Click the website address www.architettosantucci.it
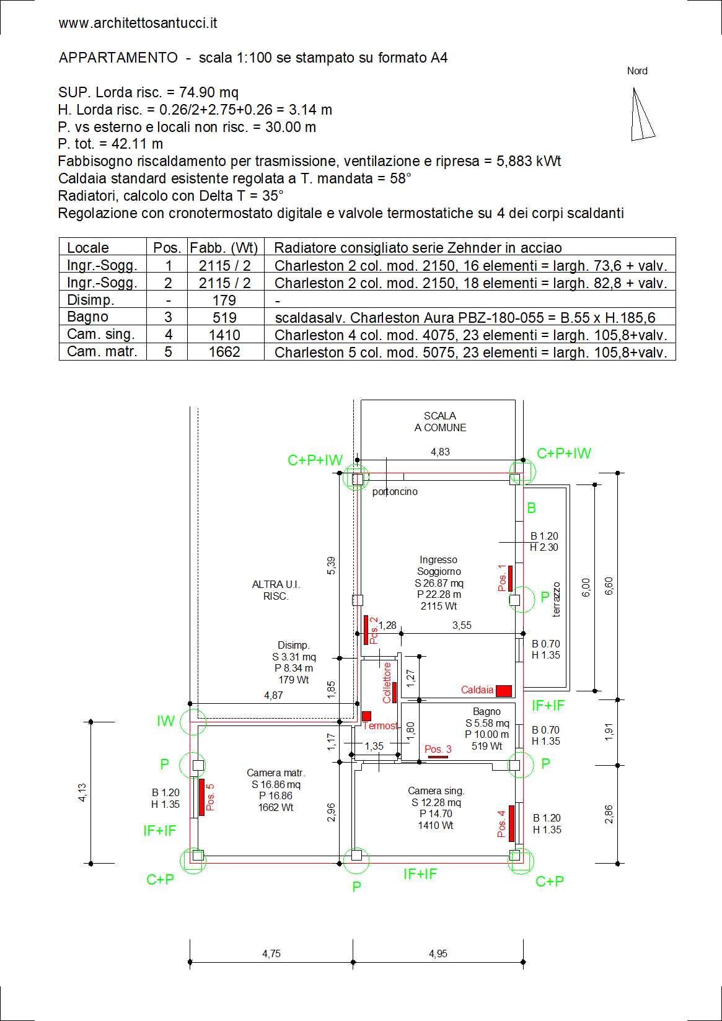[138, 24]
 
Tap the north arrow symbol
[642, 114]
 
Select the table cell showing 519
[224, 317]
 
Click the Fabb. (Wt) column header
[224, 247]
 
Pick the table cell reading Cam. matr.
[102, 351]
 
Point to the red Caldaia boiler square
[503, 691]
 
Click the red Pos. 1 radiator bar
[511, 579]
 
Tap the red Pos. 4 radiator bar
[511, 823]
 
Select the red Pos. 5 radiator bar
[201, 797]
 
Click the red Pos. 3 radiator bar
[438, 757]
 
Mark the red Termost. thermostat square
[367, 716]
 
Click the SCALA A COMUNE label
[440, 422]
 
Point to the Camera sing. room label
[436, 791]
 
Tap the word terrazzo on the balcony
[556, 599]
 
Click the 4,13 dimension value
[82, 792]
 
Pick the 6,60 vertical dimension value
[609, 585]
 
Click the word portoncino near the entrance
[395, 491]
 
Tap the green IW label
[165, 721]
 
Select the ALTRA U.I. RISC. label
[276, 590]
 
